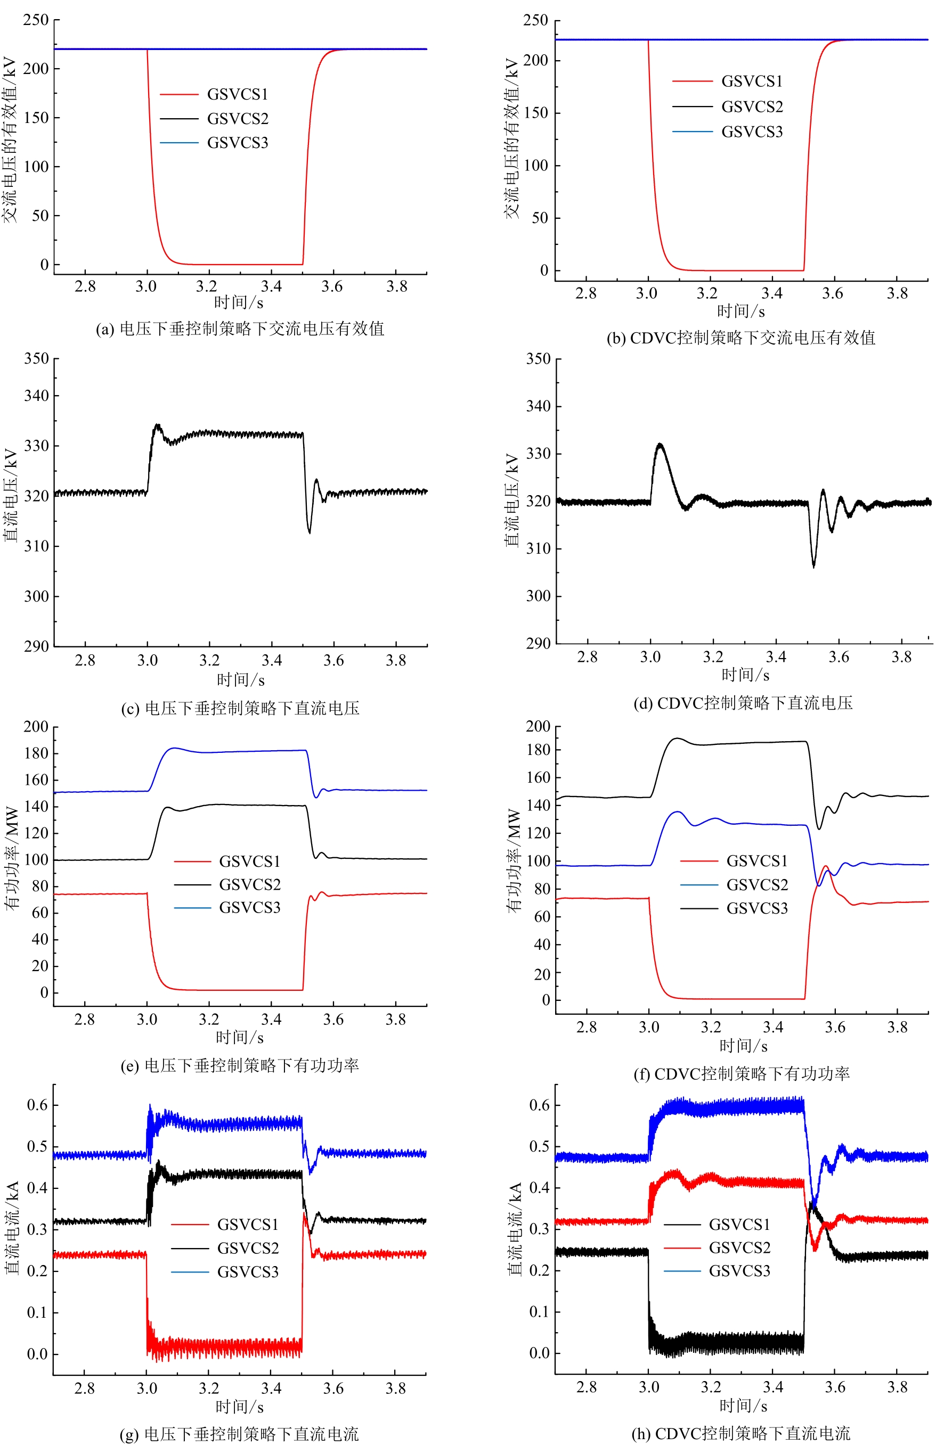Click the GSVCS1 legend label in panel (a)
click(238, 94)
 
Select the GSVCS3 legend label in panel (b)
click(752, 132)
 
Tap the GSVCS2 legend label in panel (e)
click(250, 884)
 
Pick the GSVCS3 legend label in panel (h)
click(739, 1271)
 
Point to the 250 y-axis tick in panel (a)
click(36, 20)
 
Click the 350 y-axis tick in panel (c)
click(36, 358)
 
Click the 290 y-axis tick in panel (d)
click(538, 643)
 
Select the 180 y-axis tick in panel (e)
click(36, 753)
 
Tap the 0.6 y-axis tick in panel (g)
click(37, 1105)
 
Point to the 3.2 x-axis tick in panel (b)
click(707, 293)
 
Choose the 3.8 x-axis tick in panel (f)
click(898, 1027)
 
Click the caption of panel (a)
click(240, 329)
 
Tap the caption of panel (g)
click(239, 1434)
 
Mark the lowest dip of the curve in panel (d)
click(813, 566)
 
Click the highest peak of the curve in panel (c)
click(157, 424)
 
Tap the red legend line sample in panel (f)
click(698, 861)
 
